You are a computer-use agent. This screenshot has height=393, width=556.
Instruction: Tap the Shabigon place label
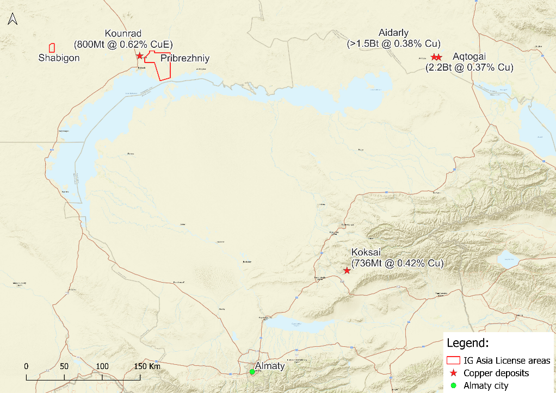coord(59,58)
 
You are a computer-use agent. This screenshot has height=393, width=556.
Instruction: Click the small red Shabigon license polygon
coord(52,48)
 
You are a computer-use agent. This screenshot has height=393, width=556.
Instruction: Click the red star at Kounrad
coord(140,56)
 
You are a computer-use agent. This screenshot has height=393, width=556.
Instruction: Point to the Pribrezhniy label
coord(185,58)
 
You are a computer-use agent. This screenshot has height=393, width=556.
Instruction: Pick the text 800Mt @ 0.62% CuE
coord(123,44)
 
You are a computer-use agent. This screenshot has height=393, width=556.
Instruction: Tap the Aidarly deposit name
coord(393,34)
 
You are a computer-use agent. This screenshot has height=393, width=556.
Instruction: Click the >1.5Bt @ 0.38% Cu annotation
coord(393,43)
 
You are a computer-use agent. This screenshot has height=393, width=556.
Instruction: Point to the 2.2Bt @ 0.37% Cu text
coord(469,67)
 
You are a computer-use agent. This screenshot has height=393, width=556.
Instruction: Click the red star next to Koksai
coord(347,271)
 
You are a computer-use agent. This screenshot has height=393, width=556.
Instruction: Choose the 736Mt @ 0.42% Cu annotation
coord(398,263)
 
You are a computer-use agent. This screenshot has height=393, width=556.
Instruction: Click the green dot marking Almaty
coord(252,372)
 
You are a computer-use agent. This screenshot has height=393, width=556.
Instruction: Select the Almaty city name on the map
coord(270,366)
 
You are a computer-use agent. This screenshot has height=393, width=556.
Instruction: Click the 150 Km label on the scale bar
coord(147,366)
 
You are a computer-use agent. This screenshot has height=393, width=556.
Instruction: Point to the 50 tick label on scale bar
coord(64,366)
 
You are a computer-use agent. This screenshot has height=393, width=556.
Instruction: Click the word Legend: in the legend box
coord(467,344)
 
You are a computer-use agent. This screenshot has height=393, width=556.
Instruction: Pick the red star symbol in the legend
coord(453,373)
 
